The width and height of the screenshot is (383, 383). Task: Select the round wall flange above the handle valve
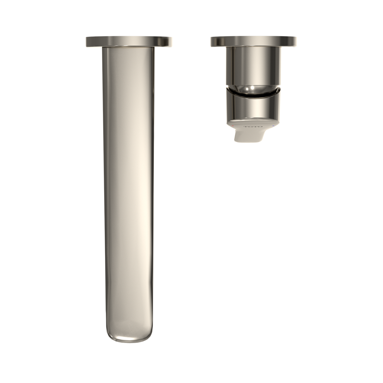[253, 41]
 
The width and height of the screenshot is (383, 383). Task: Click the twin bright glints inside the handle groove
[251, 89]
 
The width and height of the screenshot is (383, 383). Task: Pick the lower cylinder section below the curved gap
[253, 106]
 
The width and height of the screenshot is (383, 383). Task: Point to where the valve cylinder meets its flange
[253, 47]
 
